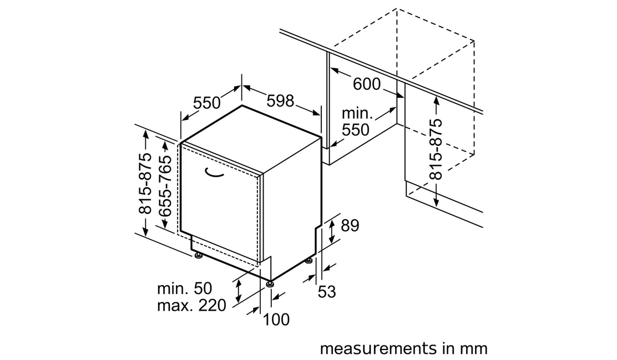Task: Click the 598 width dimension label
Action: click(280, 101)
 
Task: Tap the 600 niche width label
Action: click(367, 84)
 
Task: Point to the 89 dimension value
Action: click(350, 226)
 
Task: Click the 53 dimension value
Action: click(327, 292)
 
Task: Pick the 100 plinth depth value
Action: click(276, 320)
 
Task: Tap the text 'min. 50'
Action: click(185, 288)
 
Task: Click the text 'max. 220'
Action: click(191, 305)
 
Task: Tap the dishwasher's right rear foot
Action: click(308, 260)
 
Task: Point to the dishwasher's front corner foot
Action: click(269, 283)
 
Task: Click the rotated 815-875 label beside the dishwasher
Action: click(145, 184)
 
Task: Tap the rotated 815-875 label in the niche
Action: click(436, 149)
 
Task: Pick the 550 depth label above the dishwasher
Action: click(206, 103)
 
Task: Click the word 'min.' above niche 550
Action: click(357, 113)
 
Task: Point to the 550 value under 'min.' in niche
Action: click(356, 130)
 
